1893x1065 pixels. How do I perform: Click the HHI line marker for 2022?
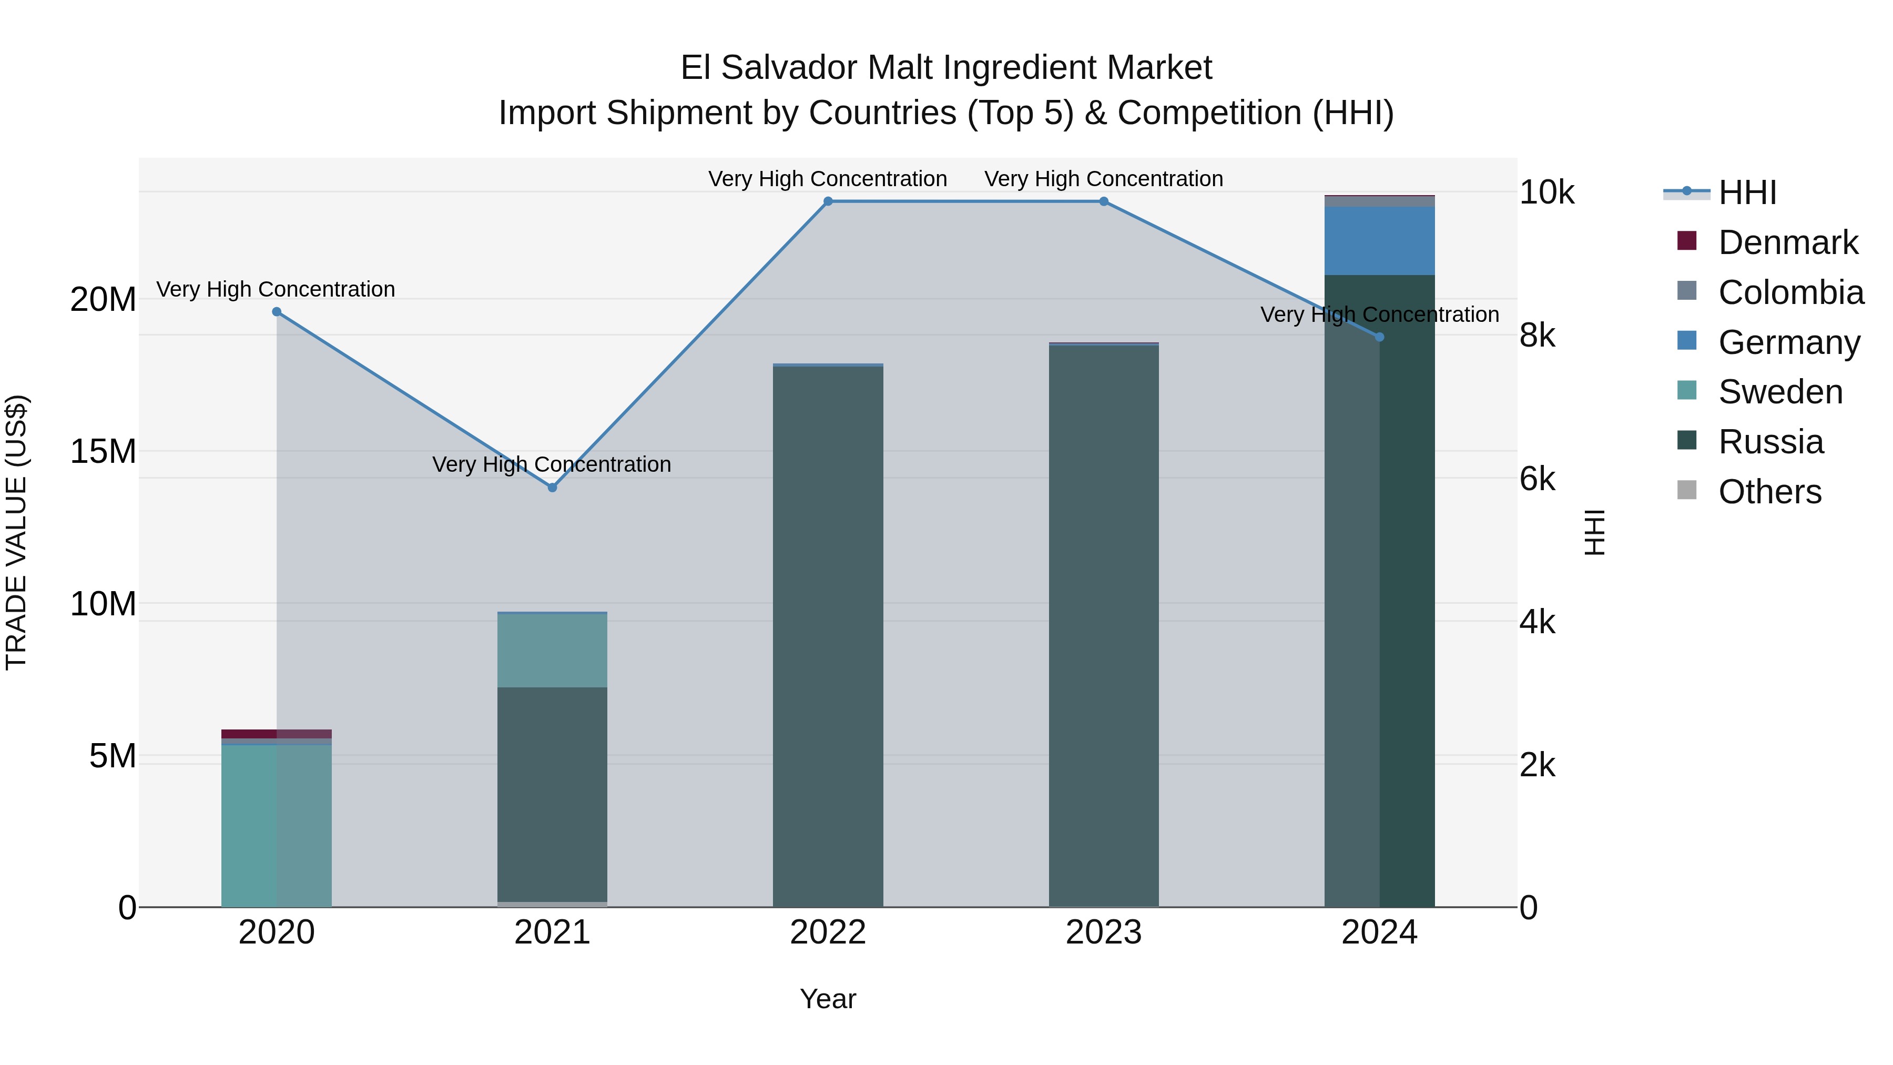click(828, 201)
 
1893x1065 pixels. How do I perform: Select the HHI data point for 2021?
click(553, 488)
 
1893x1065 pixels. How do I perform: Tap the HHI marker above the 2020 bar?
click(277, 312)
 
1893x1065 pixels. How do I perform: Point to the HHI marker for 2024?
click(1379, 337)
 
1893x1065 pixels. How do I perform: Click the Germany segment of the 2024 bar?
click(1379, 240)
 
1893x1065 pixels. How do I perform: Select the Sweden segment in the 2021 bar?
click(553, 651)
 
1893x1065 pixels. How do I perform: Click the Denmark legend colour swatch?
click(1687, 241)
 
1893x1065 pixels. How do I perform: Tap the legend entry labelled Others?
click(1769, 492)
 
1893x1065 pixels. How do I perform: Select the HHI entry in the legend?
click(1747, 192)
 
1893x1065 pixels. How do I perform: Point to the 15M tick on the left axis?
click(103, 451)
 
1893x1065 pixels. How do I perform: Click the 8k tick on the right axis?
click(1538, 336)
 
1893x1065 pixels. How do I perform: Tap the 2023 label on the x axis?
click(1104, 932)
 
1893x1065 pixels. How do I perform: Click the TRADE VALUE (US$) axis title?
click(16, 532)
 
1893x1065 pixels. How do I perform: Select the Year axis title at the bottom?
click(828, 999)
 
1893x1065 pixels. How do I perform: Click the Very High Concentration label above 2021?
click(552, 464)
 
